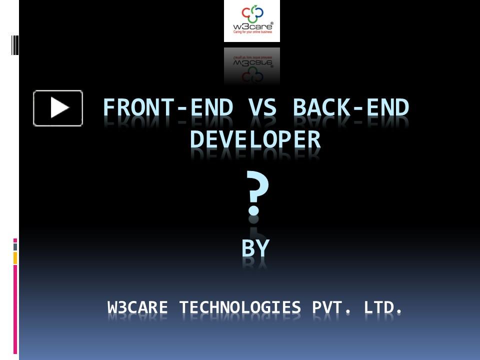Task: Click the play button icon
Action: coord(58,108)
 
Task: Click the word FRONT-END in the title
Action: coord(168,107)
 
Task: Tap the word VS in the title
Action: coord(262,107)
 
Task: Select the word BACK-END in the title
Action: coord(351,107)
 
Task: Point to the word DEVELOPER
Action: coord(255,139)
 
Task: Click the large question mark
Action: coord(257,192)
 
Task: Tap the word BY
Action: coord(255,248)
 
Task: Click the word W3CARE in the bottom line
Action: coord(137,307)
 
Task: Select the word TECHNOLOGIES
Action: coord(240,307)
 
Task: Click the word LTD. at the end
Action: coord(382,307)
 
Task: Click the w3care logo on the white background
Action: coord(252,21)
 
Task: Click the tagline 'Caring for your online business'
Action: coord(252,32)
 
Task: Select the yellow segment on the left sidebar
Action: coord(15,258)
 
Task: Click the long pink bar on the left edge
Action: coord(15,309)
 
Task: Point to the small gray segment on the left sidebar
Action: coord(15,247)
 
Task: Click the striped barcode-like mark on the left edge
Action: coord(14,45)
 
